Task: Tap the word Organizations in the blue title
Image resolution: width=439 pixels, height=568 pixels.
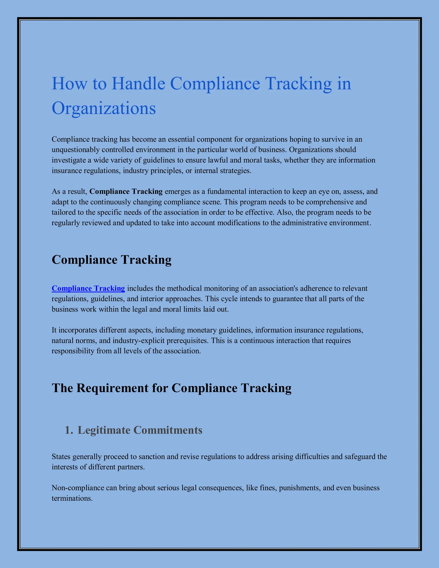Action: click(x=104, y=108)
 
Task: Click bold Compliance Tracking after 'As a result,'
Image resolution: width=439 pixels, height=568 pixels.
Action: click(x=126, y=191)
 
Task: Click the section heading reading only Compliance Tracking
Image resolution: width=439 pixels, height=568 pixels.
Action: click(x=111, y=260)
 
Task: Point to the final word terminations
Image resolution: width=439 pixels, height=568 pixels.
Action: click(x=72, y=498)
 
